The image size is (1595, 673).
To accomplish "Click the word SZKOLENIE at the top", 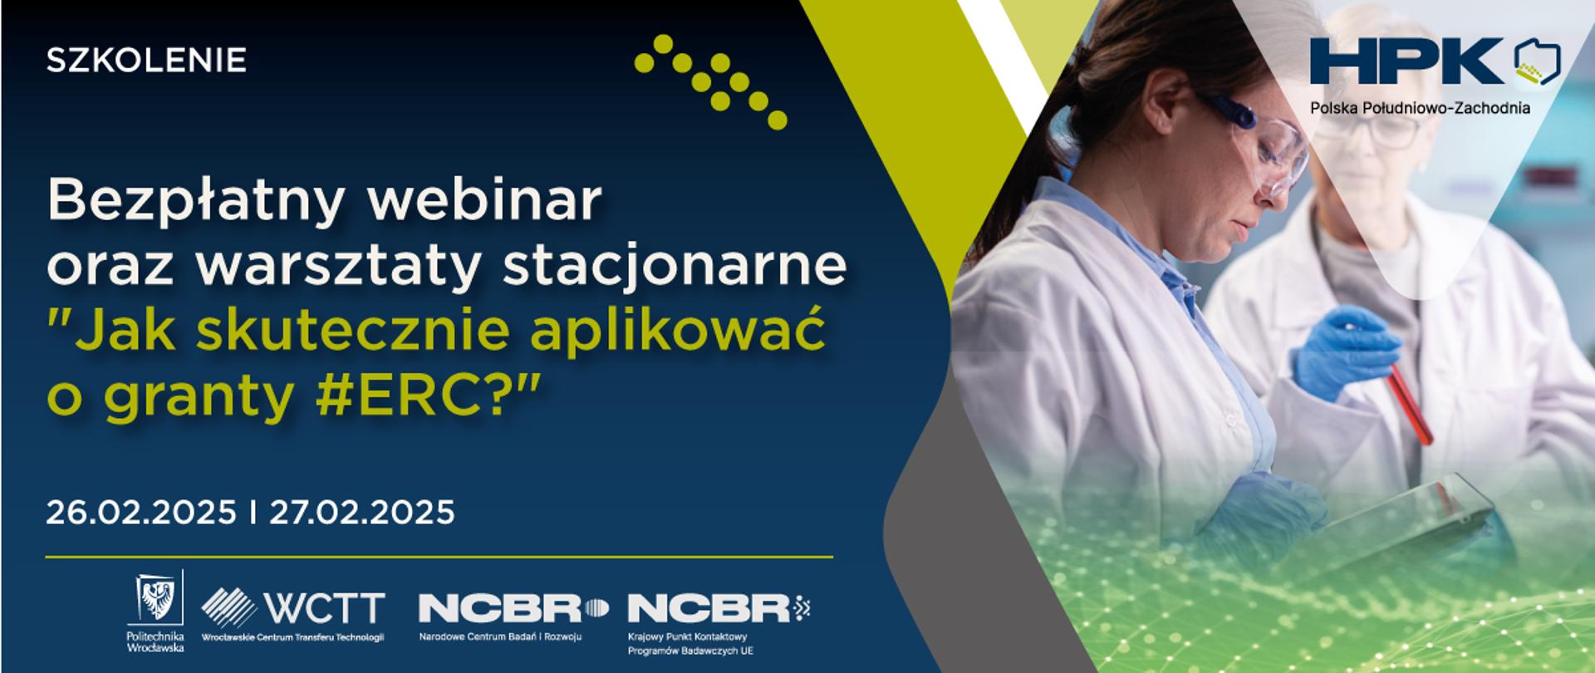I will [x=146, y=61].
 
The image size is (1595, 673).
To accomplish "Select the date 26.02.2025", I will [x=141, y=512].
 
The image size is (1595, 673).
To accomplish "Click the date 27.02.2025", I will [x=361, y=512].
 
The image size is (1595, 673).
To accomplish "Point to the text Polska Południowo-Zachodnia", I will [x=1421, y=108].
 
